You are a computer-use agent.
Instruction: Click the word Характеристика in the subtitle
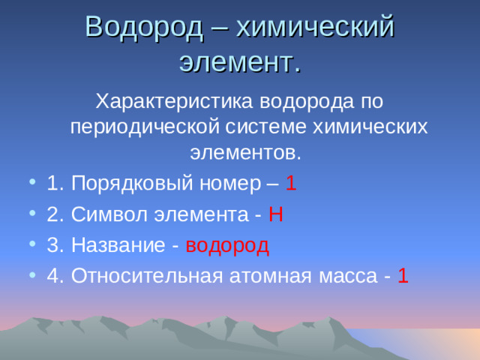[x=175, y=100]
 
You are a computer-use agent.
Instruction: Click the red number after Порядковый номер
[x=291, y=183]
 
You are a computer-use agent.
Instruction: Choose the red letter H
[x=274, y=214]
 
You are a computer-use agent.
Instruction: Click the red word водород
[x=226, y=245]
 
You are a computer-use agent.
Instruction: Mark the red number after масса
[x=403, y=276]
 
